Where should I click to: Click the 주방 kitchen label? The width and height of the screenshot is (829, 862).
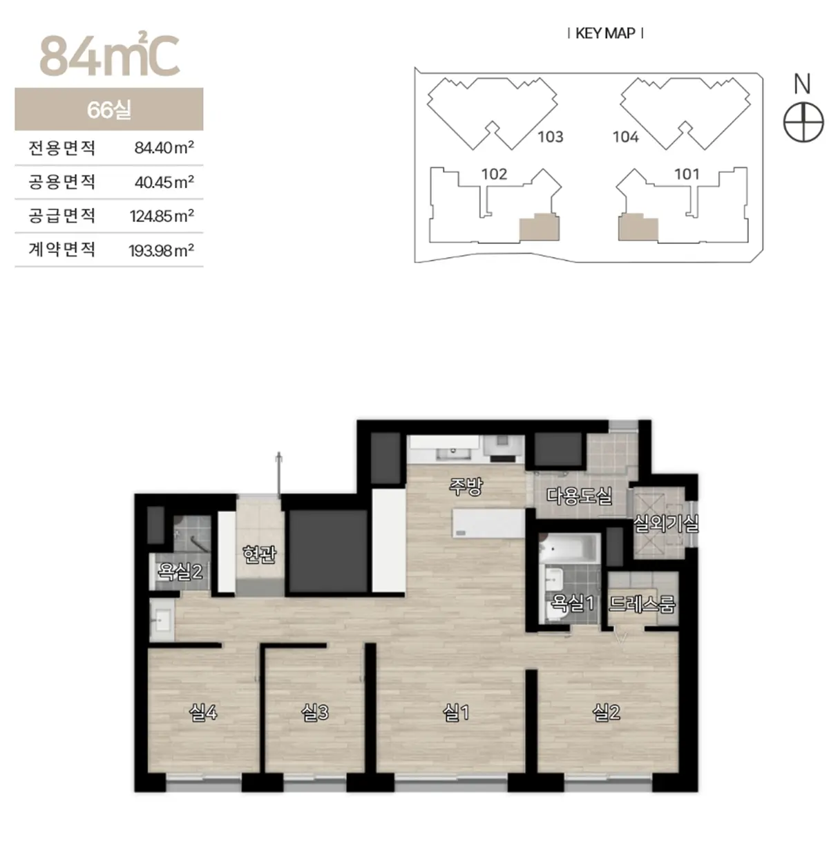click(x=466, y=487)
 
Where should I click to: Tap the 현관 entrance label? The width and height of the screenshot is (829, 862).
click(x=259, y=554)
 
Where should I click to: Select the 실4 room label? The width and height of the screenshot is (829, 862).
click(x=203, y=713)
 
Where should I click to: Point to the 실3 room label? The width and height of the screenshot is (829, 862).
click(x=315, y=713)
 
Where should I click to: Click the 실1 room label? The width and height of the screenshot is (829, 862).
click(x=456, y=713)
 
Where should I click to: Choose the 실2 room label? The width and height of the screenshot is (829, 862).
click(x=606, y=713)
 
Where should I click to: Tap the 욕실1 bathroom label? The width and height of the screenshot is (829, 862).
click(x=572, y=603)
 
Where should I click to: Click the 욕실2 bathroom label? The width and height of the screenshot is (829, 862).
click(x=180, y=572)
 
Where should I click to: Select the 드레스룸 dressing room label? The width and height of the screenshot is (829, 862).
click(x=642, y=603)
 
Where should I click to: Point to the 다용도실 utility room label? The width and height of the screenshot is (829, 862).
click(x=580, y=496)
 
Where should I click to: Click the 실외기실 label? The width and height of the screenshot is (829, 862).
click(x=666, y=524)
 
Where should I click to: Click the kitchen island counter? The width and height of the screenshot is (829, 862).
click(x=488, y=523)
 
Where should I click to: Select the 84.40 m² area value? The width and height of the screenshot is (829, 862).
click(x=164, y=147)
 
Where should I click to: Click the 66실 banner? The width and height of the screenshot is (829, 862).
click(x=109, y=109)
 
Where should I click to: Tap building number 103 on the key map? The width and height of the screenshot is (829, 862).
click(x=551, y=137)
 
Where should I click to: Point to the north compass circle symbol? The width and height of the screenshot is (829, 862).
click(x=803, y=122)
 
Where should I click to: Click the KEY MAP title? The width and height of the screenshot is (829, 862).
click(x=605, y=33)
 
